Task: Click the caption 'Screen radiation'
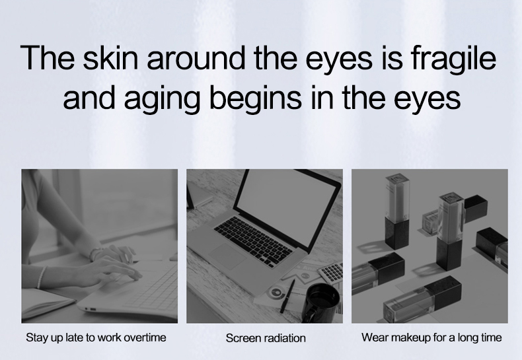pos(266,338)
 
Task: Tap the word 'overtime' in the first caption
pos(144,338)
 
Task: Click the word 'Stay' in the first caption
pos(37,338)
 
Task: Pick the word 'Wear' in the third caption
pos(374,338)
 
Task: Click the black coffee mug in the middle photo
pos(322,301)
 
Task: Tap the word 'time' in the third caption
pos(490,338)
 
